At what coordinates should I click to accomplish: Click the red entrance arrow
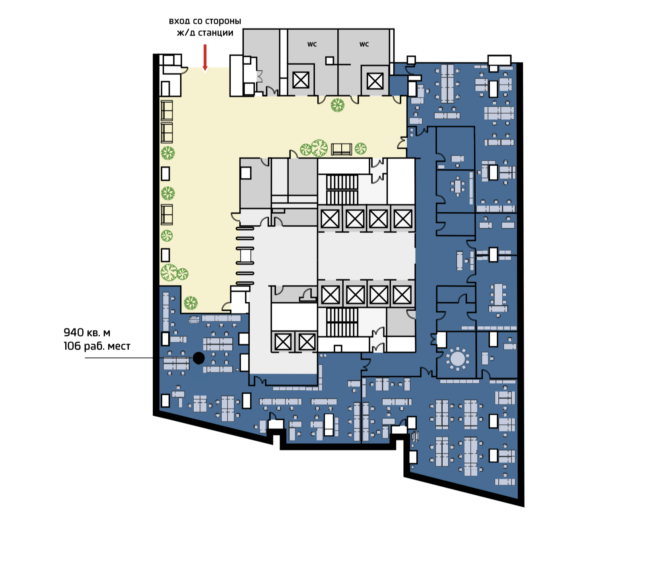pos(205,58)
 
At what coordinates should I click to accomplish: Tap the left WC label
pos(312,45)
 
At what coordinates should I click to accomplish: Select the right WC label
pos(364,45)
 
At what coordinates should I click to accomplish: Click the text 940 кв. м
pos(87,332)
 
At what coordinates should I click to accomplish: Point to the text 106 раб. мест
pos(97,346)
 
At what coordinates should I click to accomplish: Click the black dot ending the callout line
pos(198,358)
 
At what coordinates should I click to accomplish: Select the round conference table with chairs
pos(458,358)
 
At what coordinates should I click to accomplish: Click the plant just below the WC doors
pos(338,105)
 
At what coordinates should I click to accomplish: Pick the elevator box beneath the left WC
pos(301,80)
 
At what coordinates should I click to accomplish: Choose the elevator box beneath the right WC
pos(375,81)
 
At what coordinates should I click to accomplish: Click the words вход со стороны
pos(205,21)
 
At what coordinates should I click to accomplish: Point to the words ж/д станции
pos(205,33)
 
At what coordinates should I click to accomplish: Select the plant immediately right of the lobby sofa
pos(361,149)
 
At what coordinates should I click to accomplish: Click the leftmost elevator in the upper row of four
pos(330,219)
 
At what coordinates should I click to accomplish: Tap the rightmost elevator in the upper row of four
pos(403,219)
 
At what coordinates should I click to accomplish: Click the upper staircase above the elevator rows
pos(342,189)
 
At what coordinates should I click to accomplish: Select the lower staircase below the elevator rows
pos(342,322)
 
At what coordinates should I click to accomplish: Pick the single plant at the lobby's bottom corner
pos(191,303)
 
